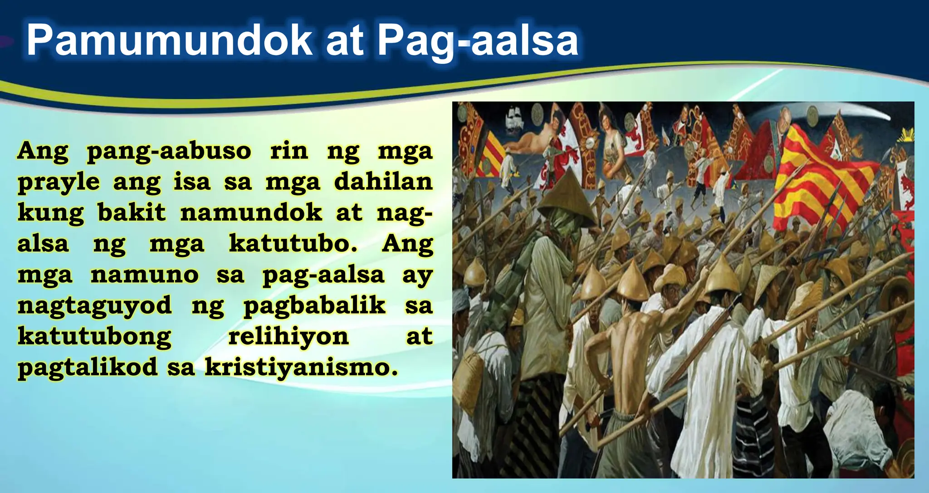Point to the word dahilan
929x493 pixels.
click(383, 182)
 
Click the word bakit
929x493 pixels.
click(132, 213)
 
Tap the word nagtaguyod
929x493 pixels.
click(94, 306)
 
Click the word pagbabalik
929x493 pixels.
click(314, 306)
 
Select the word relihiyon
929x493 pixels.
click(288, 336)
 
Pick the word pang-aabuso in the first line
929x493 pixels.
click(168, 151)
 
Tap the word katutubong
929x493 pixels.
click(94, 337)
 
